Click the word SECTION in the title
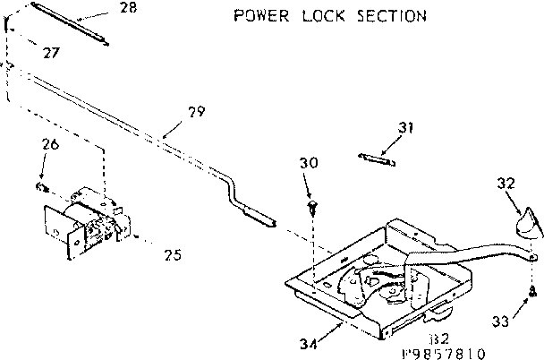coord(388,16)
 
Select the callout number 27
coord(50,54)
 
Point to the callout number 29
coord(195,112)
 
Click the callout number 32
coord(506,183)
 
